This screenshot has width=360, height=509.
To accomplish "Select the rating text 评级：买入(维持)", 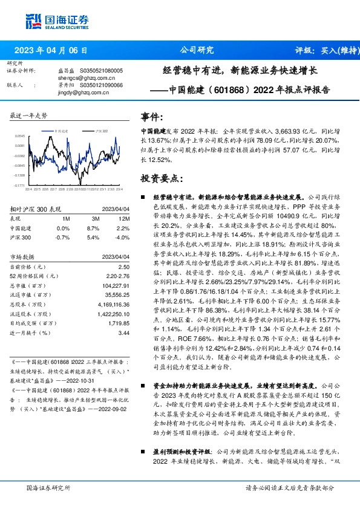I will point(325,50).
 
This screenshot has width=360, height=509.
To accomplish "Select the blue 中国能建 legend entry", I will point(60,130).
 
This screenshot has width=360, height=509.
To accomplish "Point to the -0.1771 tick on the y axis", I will point(19,186).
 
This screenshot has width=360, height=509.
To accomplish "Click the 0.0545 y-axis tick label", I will point(19,137).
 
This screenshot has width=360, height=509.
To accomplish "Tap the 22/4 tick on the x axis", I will point(29,189).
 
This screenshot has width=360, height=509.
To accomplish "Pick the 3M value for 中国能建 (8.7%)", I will point(93,228).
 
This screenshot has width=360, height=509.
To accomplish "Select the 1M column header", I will point(66,218).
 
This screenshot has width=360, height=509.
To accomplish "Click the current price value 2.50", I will point(123,267).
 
